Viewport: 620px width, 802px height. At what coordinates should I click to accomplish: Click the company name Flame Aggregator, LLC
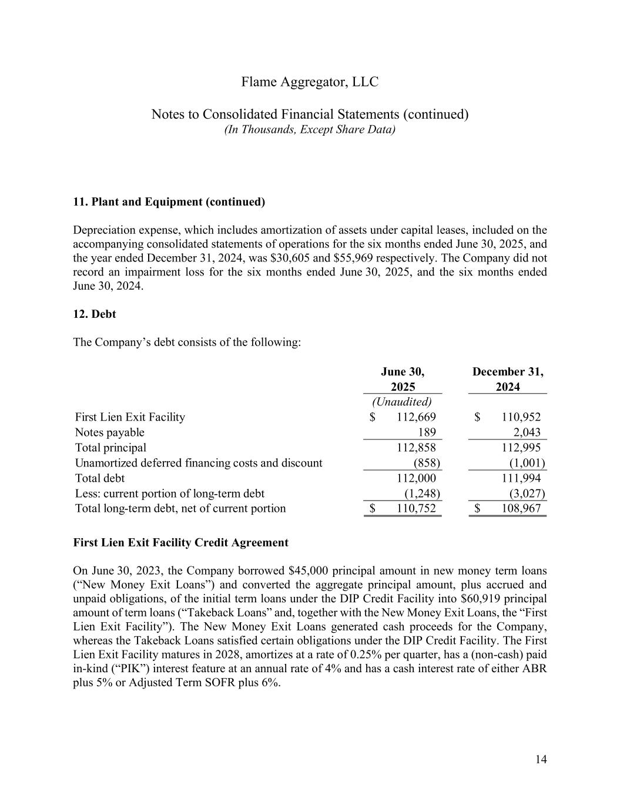tap(310, 82)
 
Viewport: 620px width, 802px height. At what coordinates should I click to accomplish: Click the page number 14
tap(541, 760)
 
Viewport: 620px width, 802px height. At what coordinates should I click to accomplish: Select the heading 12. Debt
tap(94, 314)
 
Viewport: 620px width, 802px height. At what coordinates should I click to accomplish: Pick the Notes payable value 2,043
tap(527, 432)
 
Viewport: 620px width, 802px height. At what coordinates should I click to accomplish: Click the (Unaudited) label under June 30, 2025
tap(403, 402)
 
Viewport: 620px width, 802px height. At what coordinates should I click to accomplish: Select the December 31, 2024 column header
tap(508, 380)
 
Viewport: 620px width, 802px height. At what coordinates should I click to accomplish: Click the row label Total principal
tap(110, 448)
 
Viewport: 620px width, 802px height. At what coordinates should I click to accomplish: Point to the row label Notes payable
tap(109, 432)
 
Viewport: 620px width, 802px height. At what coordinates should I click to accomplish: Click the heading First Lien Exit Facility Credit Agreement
tap(180, 543)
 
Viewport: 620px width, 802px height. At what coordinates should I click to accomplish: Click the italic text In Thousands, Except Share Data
tap(310, 129)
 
